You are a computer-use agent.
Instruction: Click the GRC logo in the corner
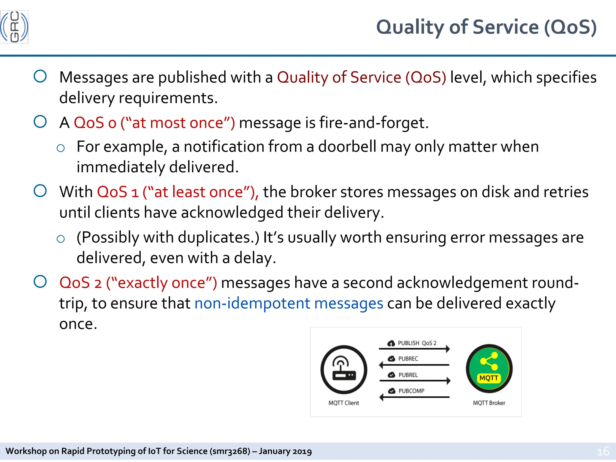pyautogui.click(x=14, y=27)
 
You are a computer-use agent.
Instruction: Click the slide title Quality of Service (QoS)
pyautogui.click(x=486, y=27)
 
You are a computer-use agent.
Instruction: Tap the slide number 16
pyautogui.click(x=603, y=451)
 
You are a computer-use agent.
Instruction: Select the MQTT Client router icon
pyautogui.click(x=344, y=370)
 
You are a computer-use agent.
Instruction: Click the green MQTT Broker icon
pyautogui.click(x=489, y=368)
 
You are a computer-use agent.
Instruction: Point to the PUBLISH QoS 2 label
pyautogui.click(x=417, y=343)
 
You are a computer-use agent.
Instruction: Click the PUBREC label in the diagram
pyautogui.click(x=408, y=359)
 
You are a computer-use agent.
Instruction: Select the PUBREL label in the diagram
pyautogui.click(x=408, y=375)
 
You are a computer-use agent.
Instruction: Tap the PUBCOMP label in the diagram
pyautogui.click(x=411, y=391)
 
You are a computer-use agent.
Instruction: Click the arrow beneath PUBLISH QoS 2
pyautogui.click(x=414, y=349)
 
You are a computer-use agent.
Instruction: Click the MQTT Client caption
pyautogui.click(x=344, y=403)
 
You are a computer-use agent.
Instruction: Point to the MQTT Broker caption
pyautogui.click(x=489, y=403)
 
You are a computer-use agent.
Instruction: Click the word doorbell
pyautogui.click(x=347, y=147)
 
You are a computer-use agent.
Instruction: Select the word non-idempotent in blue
pyautogui.click(x=252, y=303)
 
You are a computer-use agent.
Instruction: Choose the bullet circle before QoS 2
pyautogui.click(x=40, y=282)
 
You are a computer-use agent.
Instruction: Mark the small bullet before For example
pyautogui.click(x=60, y=148)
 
